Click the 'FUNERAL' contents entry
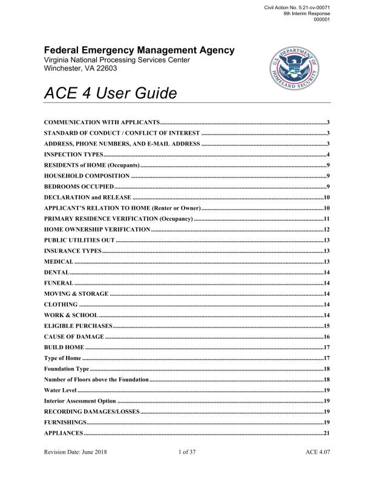tap(59, 283)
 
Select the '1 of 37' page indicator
tap(188, 469)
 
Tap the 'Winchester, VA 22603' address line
tap(82, 68)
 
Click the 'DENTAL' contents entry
tap(56, 272)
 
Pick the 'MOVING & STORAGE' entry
tap(76, 293)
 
